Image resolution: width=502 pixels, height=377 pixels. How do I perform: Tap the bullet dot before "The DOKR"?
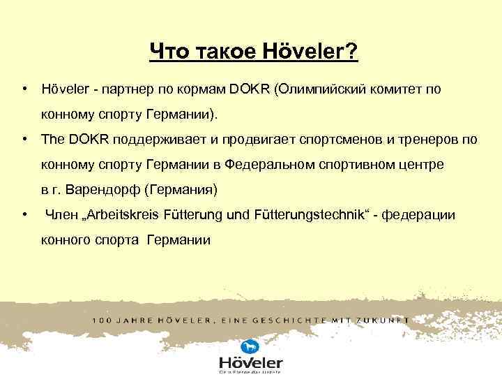click(24, 139)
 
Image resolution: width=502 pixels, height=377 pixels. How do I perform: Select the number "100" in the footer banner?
click(102, 320)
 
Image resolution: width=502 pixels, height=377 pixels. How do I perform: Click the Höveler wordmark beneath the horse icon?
click(250, 363)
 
